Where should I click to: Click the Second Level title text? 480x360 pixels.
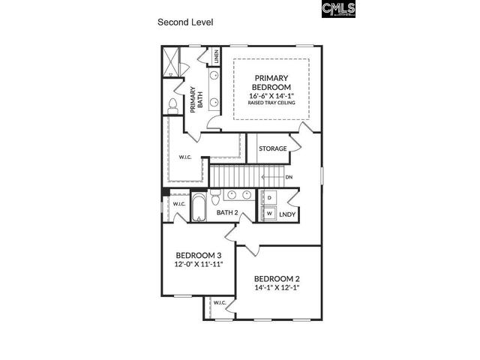[185, 22]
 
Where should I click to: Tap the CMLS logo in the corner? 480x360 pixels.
[338, 9]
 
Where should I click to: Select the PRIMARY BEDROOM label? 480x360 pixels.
[271, 82]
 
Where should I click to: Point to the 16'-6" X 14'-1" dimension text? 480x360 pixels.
[271, 95]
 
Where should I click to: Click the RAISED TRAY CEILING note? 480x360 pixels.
[271, 103]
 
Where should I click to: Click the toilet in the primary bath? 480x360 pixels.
[172, 106]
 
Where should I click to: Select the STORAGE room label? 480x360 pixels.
[273, 148]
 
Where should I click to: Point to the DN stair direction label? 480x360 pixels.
[289, 178]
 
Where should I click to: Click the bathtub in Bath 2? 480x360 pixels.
[198, 207]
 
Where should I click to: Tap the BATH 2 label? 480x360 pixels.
[227, 213]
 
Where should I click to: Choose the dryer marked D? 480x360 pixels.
[268, 198]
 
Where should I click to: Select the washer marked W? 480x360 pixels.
[268, 213]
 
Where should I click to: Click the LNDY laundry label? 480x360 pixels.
[287, 214]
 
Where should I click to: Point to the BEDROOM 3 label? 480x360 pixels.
[199, 254]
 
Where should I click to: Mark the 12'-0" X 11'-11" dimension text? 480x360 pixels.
[199, 264]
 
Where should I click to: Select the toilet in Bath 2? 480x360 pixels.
[216, 199]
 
